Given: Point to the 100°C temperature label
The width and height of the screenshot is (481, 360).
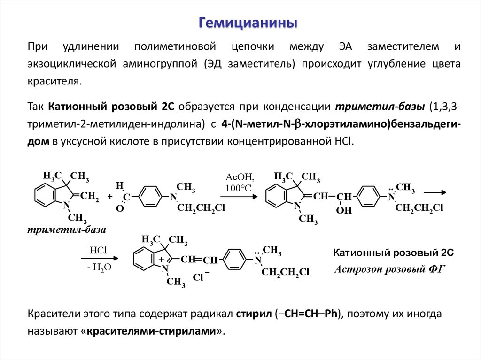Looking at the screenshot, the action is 238,189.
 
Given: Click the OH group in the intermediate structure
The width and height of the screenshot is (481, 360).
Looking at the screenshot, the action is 344,210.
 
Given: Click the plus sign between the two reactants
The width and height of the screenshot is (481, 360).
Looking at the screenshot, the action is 109,197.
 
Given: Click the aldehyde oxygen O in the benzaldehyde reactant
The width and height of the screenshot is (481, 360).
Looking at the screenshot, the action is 119,208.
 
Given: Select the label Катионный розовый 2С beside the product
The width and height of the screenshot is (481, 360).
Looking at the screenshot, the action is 393,253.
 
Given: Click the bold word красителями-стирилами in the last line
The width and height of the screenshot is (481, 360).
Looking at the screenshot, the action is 151,331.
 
